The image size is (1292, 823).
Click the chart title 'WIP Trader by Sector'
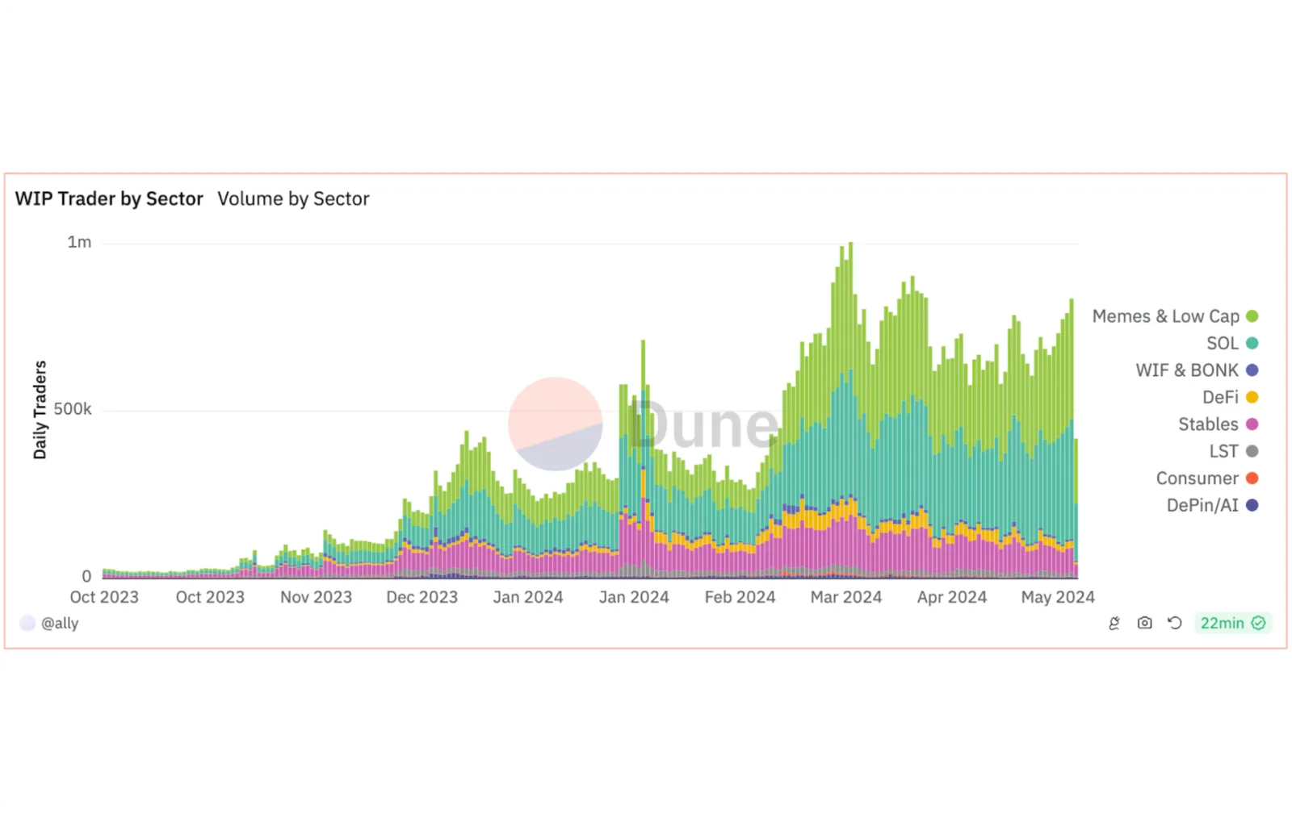[x=109, y=198]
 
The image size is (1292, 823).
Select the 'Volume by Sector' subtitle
[x=293, y=198]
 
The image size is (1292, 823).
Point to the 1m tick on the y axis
[x=79, y=242]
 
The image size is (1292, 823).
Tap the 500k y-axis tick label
[x=72, y=409]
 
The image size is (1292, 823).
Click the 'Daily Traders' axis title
[x=40, y=410]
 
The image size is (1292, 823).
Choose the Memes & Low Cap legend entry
[x=1175, y=316]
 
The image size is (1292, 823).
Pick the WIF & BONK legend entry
[x=1197, y=370]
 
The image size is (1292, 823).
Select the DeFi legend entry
[x=1230, y=398]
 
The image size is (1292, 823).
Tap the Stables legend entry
[x=1218, y=424]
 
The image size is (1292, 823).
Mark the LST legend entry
[x=1233, y=451]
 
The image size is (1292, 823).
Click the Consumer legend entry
[x=1206, y=478]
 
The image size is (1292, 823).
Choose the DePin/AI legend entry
[x=1212, y=505]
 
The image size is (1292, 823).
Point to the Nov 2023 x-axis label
[x=316, y=597]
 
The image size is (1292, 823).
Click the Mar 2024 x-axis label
[x=846, y=597]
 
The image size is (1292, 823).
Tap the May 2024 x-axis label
[x=1058, y=597]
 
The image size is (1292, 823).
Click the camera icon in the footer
[x=1144, y=623]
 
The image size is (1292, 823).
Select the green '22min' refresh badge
[x=1232, y=623]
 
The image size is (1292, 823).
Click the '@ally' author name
[x=60, y=623]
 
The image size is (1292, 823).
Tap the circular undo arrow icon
[x=1174, y=623]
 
